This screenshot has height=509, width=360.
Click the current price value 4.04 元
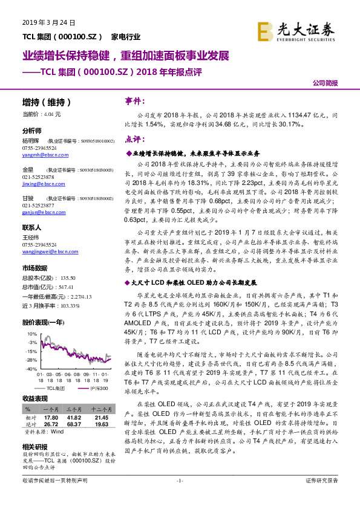[53, 114]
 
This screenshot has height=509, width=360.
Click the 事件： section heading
[135, 102]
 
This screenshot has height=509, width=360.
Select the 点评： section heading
[135, 140]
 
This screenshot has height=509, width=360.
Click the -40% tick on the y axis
[30, 368]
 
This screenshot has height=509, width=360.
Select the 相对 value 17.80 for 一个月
[50, 417]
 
